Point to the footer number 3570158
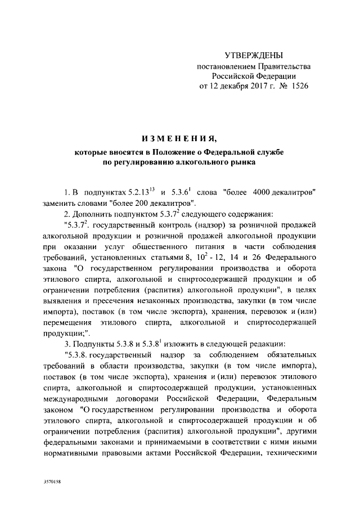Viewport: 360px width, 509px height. [x=52, y=483]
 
